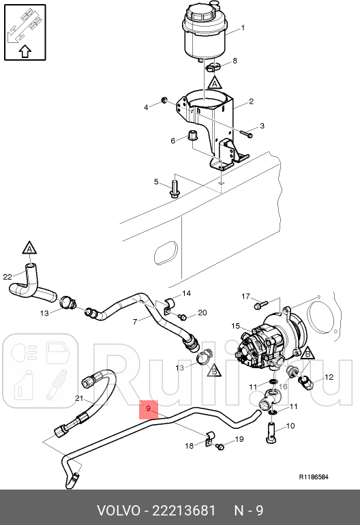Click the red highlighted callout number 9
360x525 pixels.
click(147, 409)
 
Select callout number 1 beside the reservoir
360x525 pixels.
click(243, 29)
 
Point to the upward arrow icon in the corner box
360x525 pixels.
click(24, 50)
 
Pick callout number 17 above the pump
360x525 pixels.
click(246, 296)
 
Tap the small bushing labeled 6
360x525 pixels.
click(193, 134)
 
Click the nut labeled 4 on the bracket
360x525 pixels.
click(165, 102)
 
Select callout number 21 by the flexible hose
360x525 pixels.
click(78, 399)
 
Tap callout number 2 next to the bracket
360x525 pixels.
click(251, 102)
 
